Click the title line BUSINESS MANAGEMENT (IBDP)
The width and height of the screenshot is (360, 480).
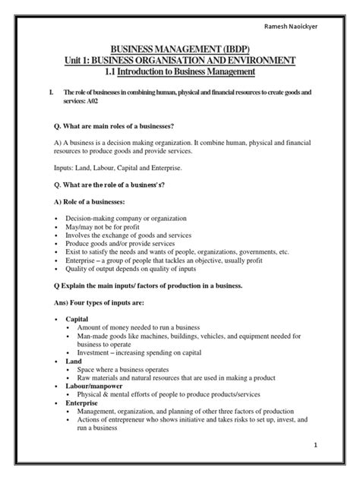[x=179, y=48]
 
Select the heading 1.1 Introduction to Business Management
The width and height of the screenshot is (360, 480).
[x=180, y=72]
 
